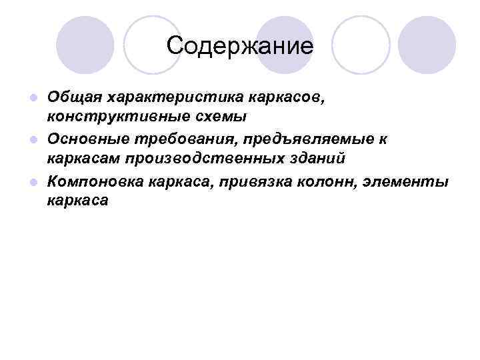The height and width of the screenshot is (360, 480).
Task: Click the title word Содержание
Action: tap(240, 46)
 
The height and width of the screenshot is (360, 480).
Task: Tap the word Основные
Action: tap(87, 139)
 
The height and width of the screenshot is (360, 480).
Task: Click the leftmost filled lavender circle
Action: tap(85, 45)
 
